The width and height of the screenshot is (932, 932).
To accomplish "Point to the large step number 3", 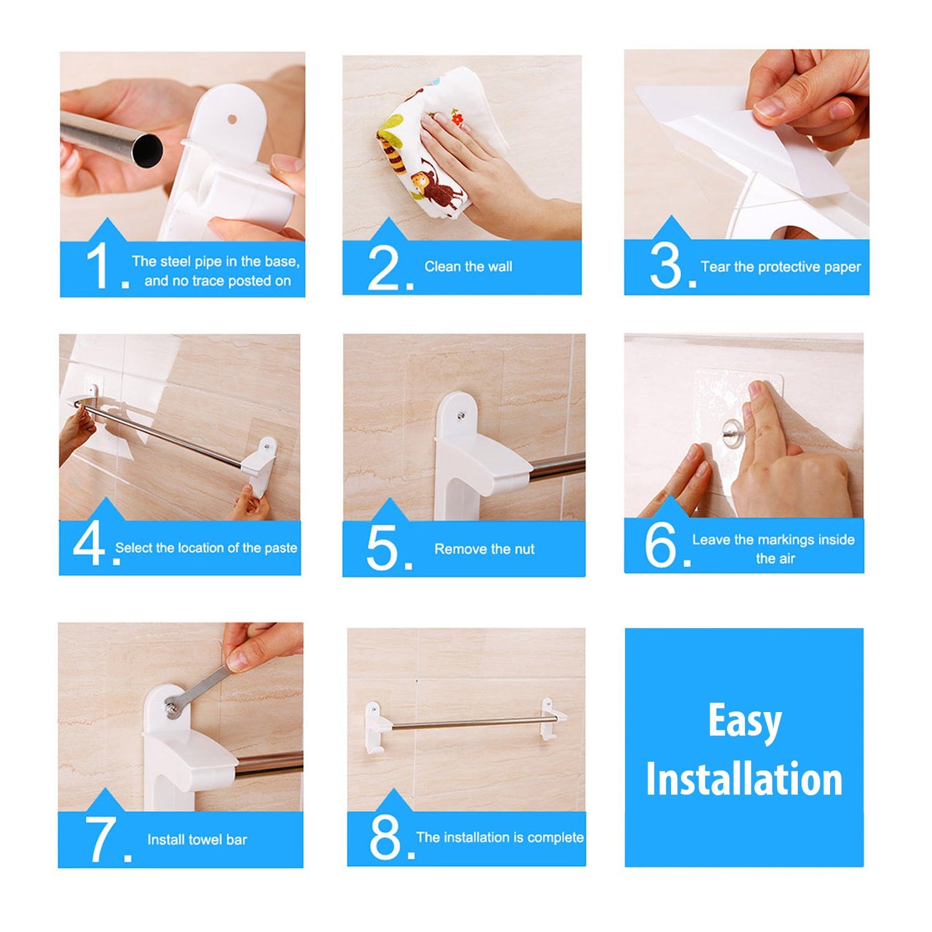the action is (666, 266).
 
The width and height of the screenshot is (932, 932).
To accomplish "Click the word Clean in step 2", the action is (441, 266).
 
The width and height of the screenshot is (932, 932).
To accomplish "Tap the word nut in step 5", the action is (524, 549).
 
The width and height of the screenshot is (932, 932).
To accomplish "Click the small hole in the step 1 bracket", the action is (232, 119).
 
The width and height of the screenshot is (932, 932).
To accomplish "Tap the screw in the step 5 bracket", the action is (462, 415).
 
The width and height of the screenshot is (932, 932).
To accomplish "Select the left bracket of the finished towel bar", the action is (377, 729).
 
